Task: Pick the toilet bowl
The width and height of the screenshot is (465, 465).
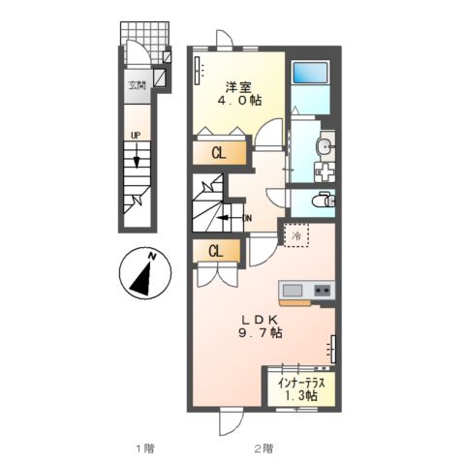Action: click(x=323, y=201)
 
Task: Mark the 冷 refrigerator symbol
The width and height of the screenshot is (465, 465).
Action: click(x=294, y=232)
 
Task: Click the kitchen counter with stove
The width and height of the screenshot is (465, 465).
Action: click(x=306, y=291)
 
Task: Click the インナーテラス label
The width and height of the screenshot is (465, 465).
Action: click(x=304, y=381)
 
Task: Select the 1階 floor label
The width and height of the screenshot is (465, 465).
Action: click(x=144, y=448)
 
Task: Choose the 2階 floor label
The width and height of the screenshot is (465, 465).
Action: click(x=263, y=448)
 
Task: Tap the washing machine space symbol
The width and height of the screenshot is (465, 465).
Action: click(x=325, y=167)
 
